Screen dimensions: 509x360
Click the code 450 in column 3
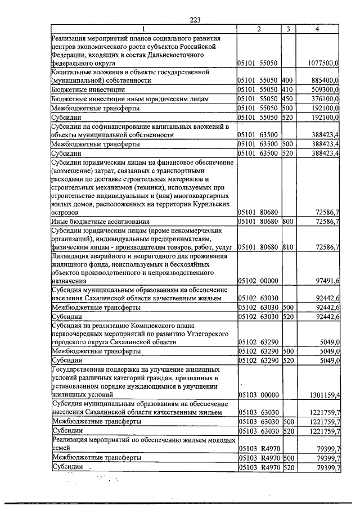point(287,99)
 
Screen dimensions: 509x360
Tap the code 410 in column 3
point(287,90)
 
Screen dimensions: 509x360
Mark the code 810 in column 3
point(287,247)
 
